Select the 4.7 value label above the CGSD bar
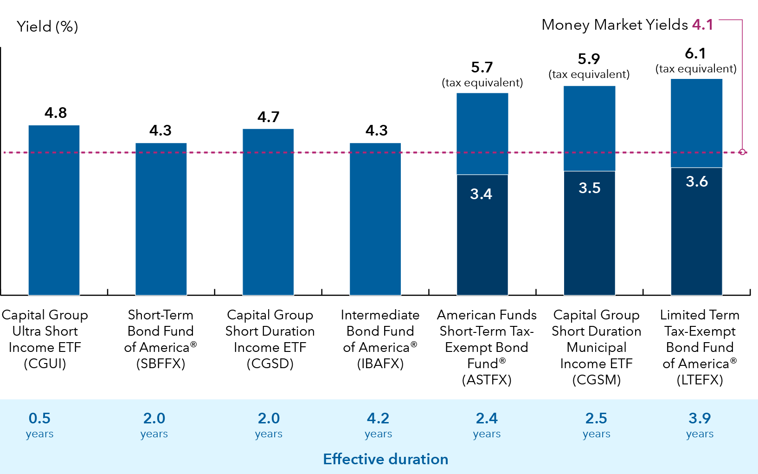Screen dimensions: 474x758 (268, 117)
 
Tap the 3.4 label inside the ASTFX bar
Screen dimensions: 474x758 (481, 194)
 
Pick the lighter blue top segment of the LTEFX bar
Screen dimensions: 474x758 (696, 123)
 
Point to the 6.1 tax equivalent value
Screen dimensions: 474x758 (695, 54)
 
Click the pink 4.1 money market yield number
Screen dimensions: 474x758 (702, 25)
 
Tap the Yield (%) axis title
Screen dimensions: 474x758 (47, 26)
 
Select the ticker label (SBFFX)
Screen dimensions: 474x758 (161, 364)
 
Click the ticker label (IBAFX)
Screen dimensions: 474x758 (380, 364)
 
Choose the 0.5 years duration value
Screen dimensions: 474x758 (39, 418)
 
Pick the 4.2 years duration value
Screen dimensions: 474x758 (378, 418)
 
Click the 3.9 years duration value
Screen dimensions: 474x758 (700, 418)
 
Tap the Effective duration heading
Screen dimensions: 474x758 (385, 459)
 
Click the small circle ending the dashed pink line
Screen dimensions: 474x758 (742, 152)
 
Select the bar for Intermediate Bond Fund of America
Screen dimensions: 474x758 (375, 218)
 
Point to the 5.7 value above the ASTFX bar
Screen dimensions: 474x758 (482, 68)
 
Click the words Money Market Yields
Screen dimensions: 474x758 (615, 25)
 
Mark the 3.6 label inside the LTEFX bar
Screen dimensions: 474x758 (697, 181)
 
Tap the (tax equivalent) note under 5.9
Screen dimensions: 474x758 (589, 74)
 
